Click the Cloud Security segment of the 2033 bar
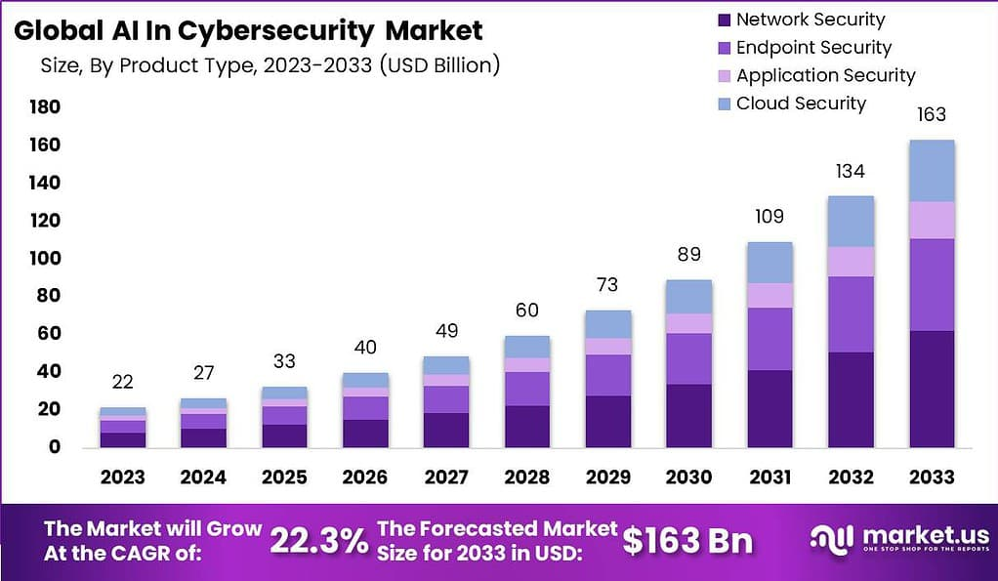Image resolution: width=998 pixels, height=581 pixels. [x=931, y=171]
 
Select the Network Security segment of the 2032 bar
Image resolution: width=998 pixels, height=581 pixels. [x=851, y=399]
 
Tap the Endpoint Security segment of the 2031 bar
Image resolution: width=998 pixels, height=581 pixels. [x=769, y=339]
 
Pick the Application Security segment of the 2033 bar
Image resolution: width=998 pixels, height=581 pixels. [x=931, y=220]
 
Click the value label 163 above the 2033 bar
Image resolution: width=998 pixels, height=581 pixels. [x=931, y=115]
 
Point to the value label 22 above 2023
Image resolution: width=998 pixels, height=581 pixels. [x=123, y=382]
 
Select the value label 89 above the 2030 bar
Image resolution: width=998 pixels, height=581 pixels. [x=688, y=255]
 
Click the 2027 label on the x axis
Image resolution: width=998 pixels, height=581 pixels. [x=446, y=477]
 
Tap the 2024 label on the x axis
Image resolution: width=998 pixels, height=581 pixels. [x=203, y=477]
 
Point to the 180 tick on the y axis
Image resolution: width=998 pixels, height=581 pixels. [x=45, y=106]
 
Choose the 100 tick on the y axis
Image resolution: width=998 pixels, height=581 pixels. [x=45, y=259]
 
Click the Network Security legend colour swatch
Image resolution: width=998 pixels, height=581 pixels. [x=723, y=21]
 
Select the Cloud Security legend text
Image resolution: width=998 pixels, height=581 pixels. [x=801, y=104]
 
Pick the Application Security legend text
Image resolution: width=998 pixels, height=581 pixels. [x=825, y=75]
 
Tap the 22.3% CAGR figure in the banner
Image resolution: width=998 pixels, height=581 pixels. [x=317, y=540]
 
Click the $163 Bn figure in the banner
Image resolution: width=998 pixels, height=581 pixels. [x=687, y=541]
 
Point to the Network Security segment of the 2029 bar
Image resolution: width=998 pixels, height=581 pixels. [x=607, y=421]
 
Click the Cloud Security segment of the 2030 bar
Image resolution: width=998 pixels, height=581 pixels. [x=688, y=297]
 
